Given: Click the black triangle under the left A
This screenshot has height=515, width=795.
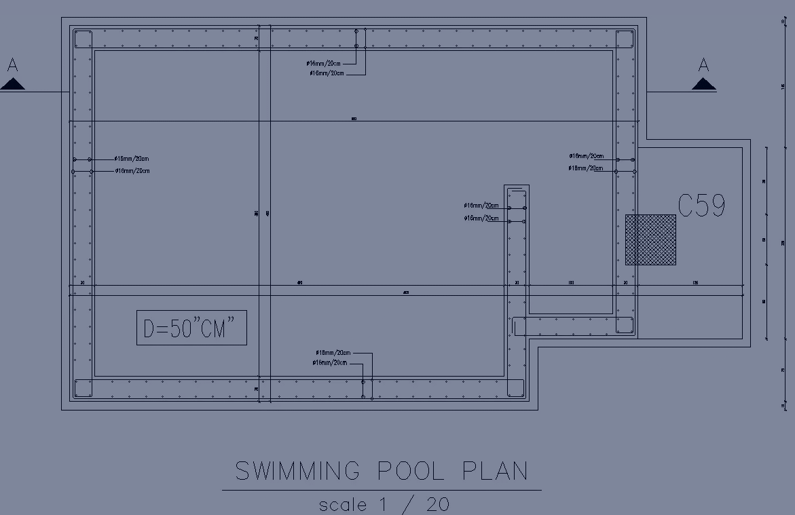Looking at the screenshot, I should pyautogui.click(x=13, y=84).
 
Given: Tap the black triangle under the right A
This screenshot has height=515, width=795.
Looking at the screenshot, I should pyautogui.click(x=704, y=84).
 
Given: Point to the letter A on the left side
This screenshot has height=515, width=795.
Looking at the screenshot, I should pyautogui.click(x=12, y=66).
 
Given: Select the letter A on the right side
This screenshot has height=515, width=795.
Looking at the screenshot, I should pyautogui.click(x=704, y=66).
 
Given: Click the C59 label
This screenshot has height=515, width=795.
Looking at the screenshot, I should pyautogui.click(x=701, y=206).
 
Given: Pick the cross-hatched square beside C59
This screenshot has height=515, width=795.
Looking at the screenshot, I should pyautogui.click(x=650, y=240).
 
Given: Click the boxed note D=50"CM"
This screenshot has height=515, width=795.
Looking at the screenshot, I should pyautogui.click(x=191, y=328).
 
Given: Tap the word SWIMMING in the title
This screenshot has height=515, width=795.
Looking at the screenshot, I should pyautogui.click(x=297, y=471).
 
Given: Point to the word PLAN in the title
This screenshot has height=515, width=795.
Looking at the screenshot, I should pyautogui.click(x=495, y=471).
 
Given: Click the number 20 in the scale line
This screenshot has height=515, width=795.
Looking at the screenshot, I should pyautogui.click(x=438, y=504).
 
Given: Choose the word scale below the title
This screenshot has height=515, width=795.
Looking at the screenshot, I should pyautogui.click(x=343, y=505).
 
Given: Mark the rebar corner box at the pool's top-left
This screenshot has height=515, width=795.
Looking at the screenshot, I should pyautogui.click(x=84, y=39).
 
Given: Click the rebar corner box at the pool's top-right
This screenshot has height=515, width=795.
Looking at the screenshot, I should pyautogui.click(x=625, y=39).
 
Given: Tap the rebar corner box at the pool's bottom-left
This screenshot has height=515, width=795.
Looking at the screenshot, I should pyautogui.click(x=84, y=388).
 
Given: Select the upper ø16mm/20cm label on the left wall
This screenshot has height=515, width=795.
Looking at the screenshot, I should pyautogui.click(x=132, y=159).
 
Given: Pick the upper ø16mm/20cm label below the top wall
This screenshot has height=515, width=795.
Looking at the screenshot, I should pyautogui.click(x=325, y=64).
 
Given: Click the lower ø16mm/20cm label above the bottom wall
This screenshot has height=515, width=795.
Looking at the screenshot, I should pyautogui.click(x=329, y=363).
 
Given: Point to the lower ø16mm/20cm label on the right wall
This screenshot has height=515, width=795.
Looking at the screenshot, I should pyautogui.click(x=586, y=168).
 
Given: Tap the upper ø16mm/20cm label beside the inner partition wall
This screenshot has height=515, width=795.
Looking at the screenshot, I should pyautogui.click(x=481, y=206).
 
